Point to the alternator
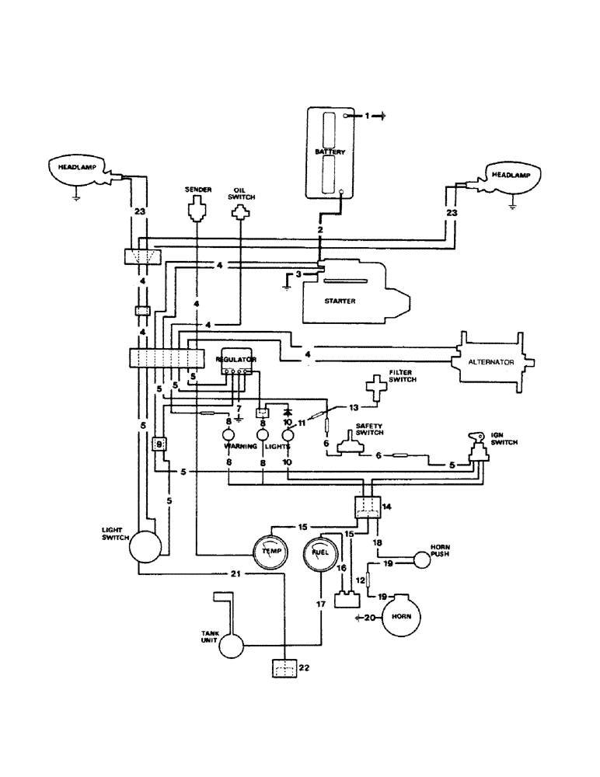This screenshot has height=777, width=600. point(494,362)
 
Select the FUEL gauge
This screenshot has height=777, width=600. point(319,552)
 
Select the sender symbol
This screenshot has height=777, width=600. point(196,207)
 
